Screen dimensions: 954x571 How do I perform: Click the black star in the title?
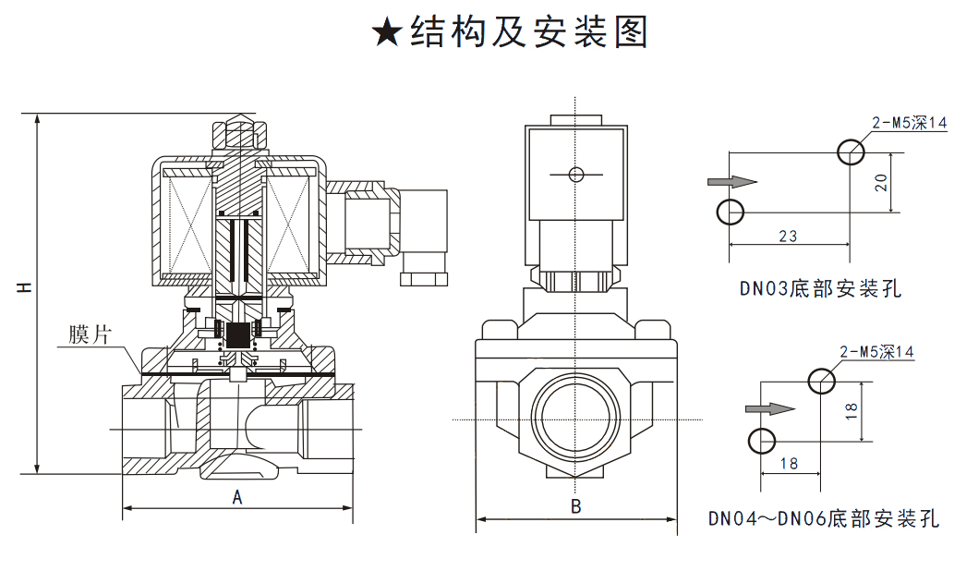[x=386, y=33]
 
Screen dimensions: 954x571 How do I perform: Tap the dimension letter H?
[x=24, y=286]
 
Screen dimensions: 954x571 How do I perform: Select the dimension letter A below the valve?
[x=237, y=497]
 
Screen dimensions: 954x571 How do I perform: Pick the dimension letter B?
[x=575, y=506]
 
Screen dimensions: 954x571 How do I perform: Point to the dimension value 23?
[x=788, y=236]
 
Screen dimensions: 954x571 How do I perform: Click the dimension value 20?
[x=881, y=183]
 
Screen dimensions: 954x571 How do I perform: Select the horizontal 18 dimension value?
[x=789, y=463]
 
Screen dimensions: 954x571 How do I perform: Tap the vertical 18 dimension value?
[x=851, y=410]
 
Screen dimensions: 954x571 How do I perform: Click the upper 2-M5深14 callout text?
[x=910, y=122]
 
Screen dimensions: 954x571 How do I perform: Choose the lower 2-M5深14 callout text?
[x=876, y=351]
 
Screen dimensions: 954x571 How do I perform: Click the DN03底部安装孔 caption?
[x=820, y=287]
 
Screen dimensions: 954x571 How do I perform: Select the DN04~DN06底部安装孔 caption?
[x=824, y=517]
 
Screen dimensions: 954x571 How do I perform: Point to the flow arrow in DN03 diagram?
[x=732, y=181]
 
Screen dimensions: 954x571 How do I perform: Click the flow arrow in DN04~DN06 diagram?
[x=771, y=408]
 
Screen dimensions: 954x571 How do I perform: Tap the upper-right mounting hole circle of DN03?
[x=851, y=152]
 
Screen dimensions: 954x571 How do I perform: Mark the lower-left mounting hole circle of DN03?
[x=731, y=212]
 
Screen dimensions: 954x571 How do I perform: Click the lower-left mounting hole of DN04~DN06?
[x=761, y=441]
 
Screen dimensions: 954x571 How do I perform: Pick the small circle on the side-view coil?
[x=575, y=175]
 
